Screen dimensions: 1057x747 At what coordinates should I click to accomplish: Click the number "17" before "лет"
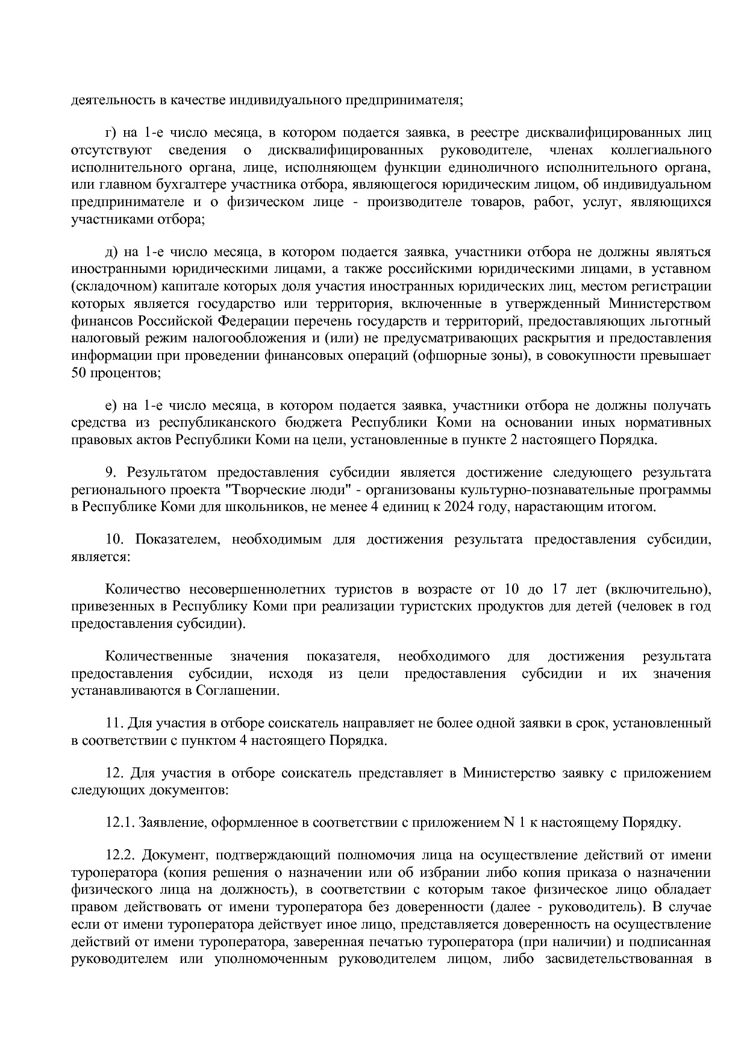565,589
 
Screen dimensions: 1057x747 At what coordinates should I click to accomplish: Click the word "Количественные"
158,656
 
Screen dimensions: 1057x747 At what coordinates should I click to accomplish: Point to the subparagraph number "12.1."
119,823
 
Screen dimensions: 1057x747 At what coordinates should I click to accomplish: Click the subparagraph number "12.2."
120,855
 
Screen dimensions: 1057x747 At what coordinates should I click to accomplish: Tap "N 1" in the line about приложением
513,823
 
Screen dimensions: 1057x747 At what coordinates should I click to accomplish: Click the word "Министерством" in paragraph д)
660,304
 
